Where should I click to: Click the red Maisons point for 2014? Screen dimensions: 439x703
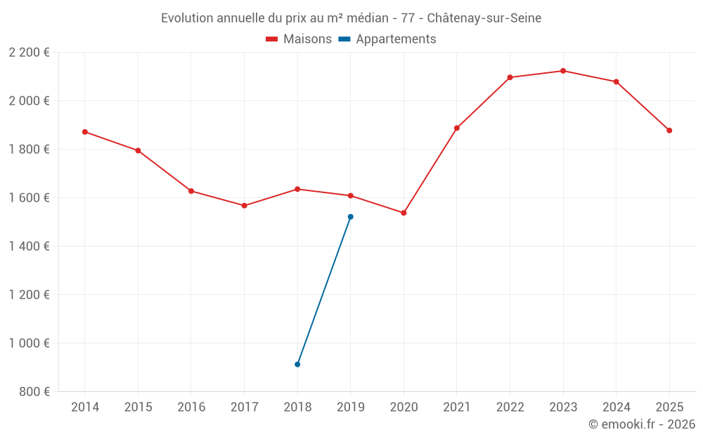pyautogui.click(x=85, y=132)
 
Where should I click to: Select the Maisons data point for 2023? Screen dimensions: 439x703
pyautogui.click(x=563, y=71)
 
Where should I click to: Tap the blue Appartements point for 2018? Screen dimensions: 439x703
pyautogui.click(x=297, y=365)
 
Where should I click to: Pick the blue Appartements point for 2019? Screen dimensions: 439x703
pyautogui.click(x=351, y=217)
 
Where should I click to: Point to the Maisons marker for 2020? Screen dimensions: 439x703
pyautogui.click(x=404, y=213)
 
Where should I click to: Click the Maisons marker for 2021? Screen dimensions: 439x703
pyautogui.click(x=457, y=128)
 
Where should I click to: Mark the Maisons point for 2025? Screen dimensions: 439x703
pyautogui.click(x=669, y=131)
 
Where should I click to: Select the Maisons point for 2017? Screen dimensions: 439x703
pyautogui.click(x=244, y=206)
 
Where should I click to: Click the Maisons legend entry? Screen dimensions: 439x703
pyautogui.click(x=299, y=39)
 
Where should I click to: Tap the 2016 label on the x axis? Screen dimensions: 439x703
pyautogui.click(x=191, y=407)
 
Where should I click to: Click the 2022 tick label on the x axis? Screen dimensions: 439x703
pyautogui.click(x=510, y=407)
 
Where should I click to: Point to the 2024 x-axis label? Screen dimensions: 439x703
pyautogui.click(x=617, y=407)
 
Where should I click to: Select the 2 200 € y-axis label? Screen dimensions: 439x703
pyautogui.click(x=30, y=53)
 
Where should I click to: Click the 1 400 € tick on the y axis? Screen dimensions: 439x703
pyautogui.click(x=30, y=247)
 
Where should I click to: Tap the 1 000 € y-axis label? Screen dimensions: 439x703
pyautogui.click(x=30, y=343)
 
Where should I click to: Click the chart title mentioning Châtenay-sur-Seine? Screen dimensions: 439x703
pyautogui.click(x=351, y=18)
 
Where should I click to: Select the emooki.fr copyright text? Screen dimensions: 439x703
pyautogui.click(x=642, y=424)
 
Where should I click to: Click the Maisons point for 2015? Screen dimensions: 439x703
pyautogui.click(x=138, y=150)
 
